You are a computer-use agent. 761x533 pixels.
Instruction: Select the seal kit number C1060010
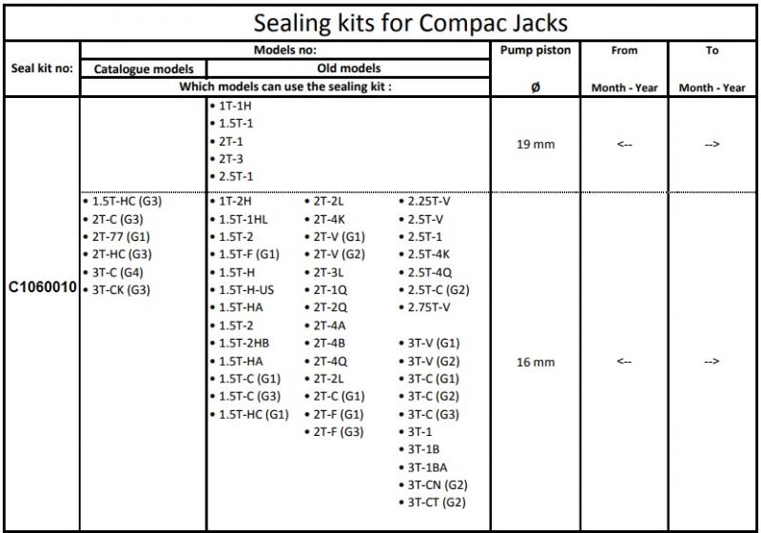coord(44,287)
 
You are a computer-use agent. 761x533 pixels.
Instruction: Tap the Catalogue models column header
coord(143,69)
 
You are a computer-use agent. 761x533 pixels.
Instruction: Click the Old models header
coord(348,69)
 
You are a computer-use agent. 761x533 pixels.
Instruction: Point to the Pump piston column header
coord(535,50)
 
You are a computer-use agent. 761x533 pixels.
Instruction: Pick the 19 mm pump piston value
coord(535,145)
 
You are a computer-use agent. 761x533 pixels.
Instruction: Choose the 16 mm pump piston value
coord(535,362)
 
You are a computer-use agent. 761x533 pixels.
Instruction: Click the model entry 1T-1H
coord(235,107)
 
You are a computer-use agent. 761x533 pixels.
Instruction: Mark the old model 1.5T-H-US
coord(246,289)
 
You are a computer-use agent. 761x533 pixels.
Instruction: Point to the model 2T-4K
coord(329,220)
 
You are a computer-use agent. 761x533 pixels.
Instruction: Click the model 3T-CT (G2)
coord(437,502)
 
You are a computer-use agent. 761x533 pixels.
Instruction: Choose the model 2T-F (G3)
coord(339,431)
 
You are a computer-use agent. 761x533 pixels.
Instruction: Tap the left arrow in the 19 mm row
coord(624,145)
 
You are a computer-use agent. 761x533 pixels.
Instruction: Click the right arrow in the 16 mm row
coord(712,362)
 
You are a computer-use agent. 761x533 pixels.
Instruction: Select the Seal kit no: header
coord(42,69)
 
